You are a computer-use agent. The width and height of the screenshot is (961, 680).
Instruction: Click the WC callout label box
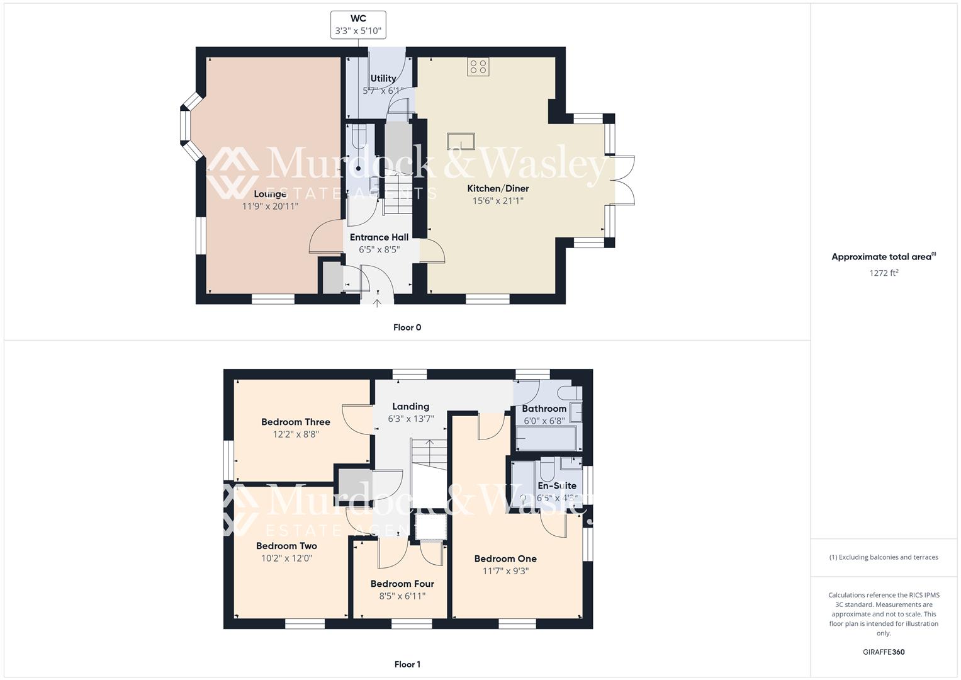(x=358, y=25)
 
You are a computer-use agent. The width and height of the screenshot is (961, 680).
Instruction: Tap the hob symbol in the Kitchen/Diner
(x=478, y=67)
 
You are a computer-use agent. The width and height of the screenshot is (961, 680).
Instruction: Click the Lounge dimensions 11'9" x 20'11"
(x=270, y=206)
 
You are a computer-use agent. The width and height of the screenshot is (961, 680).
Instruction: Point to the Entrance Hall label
(x=379, y=237)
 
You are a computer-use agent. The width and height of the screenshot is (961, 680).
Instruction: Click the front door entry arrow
(x=377, y=303)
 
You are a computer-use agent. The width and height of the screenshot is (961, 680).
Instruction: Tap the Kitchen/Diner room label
(x=498, y=188)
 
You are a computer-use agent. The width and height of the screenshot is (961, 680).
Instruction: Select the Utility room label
(x=383, y=79)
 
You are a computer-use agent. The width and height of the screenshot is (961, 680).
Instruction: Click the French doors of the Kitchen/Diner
(x=623, y=180)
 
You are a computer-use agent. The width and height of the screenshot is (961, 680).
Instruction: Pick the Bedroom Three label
(x=296, y=422)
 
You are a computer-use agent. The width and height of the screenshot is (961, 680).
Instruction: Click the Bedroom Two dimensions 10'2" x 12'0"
(x=286, y=558)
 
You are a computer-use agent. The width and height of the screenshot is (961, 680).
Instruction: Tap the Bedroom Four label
(x=402, y=584)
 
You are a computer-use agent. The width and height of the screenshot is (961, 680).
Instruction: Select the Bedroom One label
(x=505, y=558)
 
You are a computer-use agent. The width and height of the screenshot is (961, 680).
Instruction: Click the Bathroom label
(x=544, y=409)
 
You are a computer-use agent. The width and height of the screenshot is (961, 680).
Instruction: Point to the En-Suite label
(x=557, y=485)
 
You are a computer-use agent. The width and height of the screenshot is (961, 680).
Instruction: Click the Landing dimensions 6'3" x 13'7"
(x=410, y=419)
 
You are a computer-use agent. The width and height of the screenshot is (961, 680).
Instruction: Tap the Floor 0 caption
(x=407, y=327)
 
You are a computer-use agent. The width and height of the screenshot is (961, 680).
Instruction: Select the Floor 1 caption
(x=407, y=664)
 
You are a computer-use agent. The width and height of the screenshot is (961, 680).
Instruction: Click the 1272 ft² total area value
(x=884, y=273)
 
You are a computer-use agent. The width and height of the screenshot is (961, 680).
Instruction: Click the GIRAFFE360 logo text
(x=884, y=652)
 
